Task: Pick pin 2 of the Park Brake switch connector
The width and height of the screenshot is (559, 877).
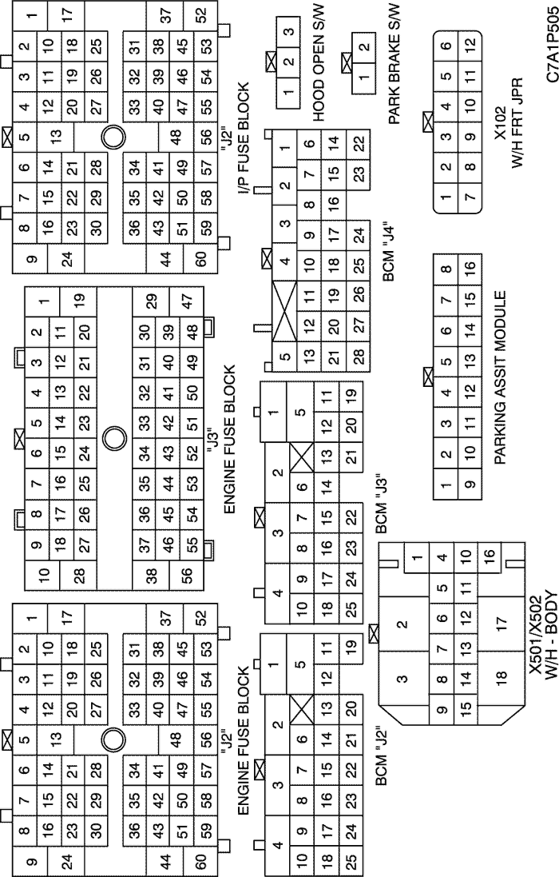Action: [x=364, y=46]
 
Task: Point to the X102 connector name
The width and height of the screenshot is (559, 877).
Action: [x=501, y=122]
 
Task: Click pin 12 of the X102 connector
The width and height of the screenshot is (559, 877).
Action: [x=470, y=42]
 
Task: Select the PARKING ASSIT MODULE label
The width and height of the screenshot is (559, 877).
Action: [x=501, y=377]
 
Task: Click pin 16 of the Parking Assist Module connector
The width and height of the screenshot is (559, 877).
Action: [x=470, y=267]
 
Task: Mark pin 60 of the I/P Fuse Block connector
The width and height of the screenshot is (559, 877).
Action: [x=201, y=259]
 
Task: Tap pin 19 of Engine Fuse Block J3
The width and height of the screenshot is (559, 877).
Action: [x=81, y=301]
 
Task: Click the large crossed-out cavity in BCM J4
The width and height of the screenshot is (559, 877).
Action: [x=285, y=310]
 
